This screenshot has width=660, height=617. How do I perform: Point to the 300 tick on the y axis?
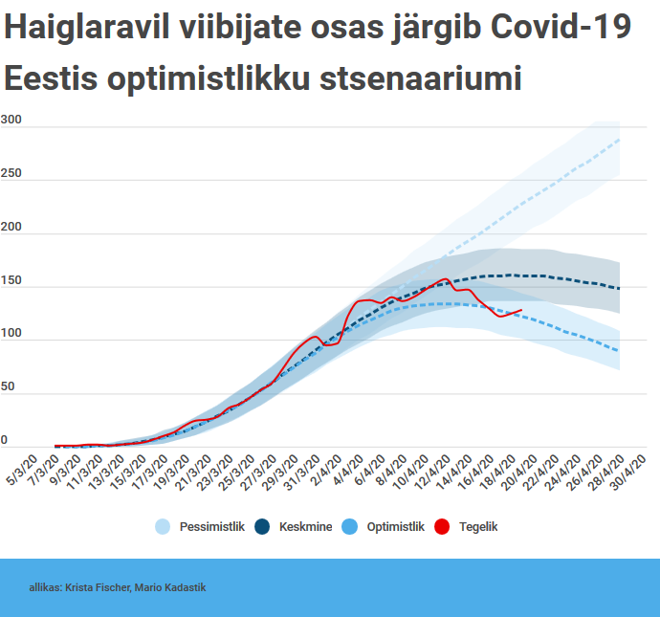coord(11,120)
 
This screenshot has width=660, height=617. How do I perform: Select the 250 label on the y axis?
coord(11,173)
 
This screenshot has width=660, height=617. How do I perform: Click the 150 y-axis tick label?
coord(11,280)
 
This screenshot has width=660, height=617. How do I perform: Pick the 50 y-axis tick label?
coord(9,387)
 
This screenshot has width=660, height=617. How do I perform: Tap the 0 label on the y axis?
coord(5,440)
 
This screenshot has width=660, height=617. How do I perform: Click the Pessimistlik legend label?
coord(212,526)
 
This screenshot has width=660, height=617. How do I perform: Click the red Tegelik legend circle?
coord(443,526)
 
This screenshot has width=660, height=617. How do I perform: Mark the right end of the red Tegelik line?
coord(521,310)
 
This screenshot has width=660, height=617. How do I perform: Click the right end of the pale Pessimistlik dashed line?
coord(620,140)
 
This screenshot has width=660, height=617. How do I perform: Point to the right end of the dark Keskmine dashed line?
coord(620,288)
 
